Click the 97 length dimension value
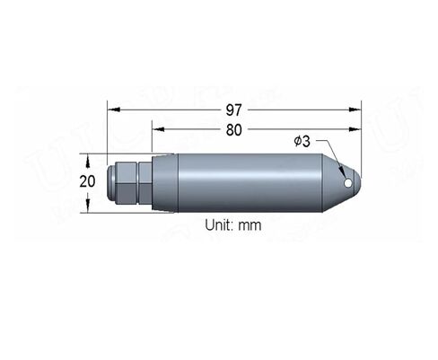(233, 110)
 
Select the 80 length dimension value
(233, 130)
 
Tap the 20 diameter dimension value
(87, 181)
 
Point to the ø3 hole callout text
(302, 141)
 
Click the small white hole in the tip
(348, 183)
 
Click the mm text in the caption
(250, 225)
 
